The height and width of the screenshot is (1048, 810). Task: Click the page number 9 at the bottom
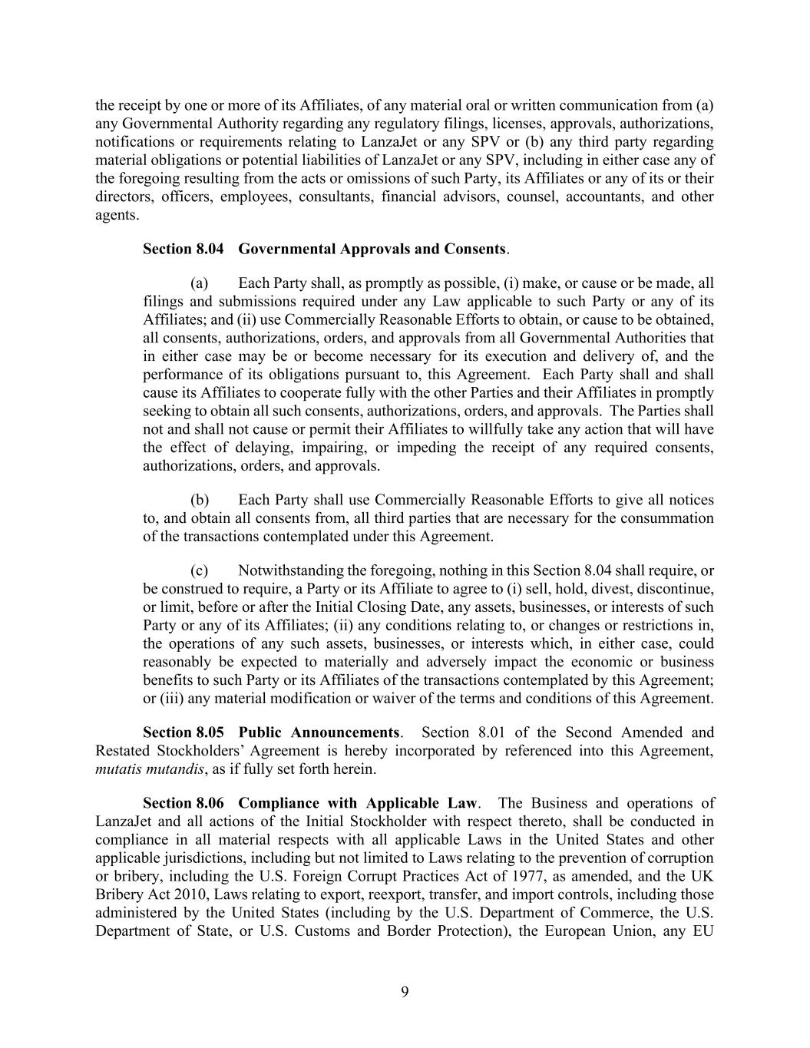point(405,991)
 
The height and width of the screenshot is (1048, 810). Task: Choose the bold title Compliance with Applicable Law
point(359,803)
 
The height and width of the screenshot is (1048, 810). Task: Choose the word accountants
point(607,197)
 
